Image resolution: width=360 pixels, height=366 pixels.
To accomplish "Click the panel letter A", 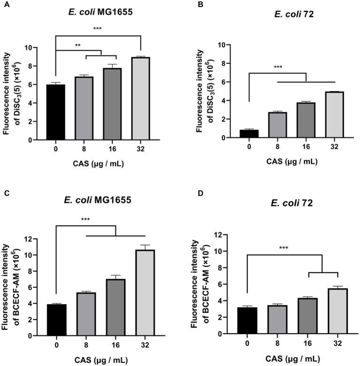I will (x=4, y=4).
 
